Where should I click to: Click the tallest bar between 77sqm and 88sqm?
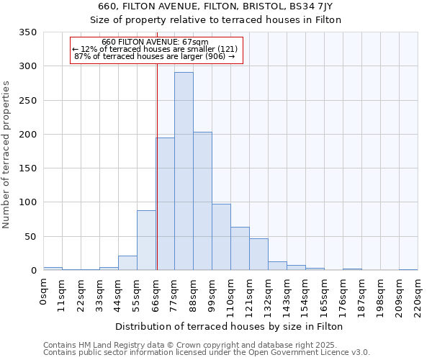[x=184, y=171]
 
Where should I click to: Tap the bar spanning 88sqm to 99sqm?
[x=202, y=201]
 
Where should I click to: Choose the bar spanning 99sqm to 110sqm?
[x=221, y=237]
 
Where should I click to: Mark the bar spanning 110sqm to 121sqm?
[x=240, y=248]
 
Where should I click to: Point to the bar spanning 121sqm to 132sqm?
[x=258, y=254]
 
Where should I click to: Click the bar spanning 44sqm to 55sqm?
[x=127, y=263]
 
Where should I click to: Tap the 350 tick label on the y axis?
[x=27, y=32]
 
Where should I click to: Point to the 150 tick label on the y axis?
[x=27, y=168]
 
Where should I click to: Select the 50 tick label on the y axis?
[x=30, y=236]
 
